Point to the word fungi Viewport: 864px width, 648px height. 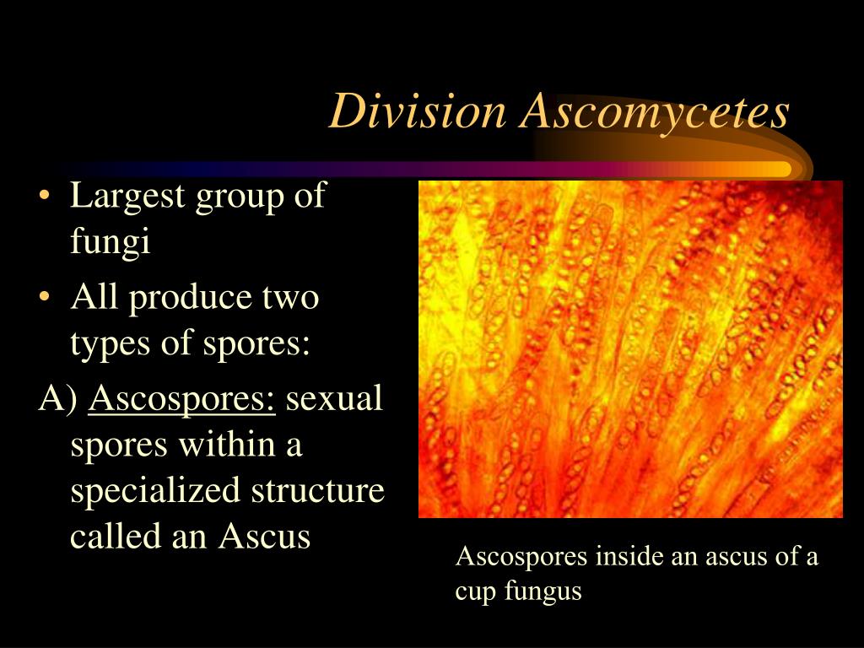[110, 243]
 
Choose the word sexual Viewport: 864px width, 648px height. [334, 398]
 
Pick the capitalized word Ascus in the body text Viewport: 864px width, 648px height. [265, 537]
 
